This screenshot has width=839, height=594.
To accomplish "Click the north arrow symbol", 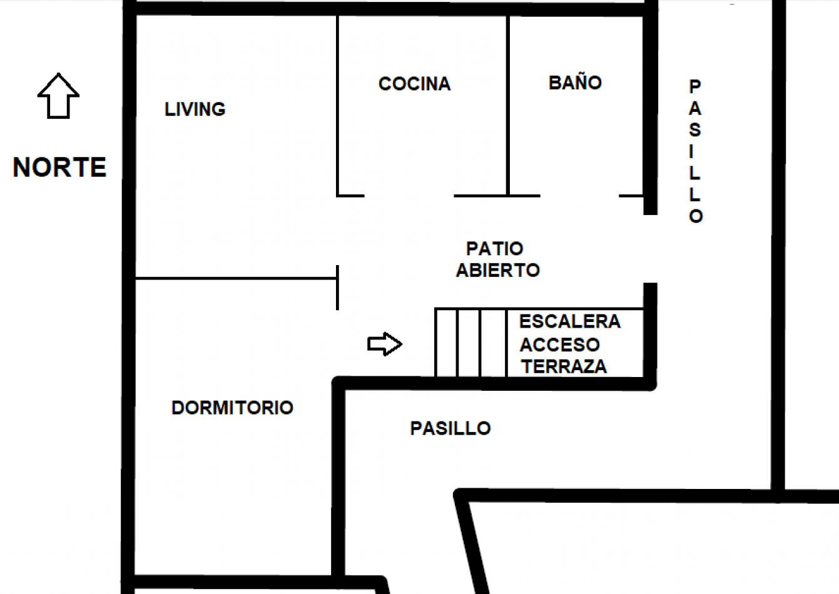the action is pyautogui.click(x=58, y=96).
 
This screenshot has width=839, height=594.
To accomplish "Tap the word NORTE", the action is pyautogui.click(x=60, y=167).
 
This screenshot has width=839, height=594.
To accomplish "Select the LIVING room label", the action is pyautogui.click(x=195, y=109).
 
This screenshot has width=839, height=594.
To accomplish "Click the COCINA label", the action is pyautogui.click(x=415, y=84).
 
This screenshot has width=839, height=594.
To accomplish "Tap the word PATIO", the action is pyautogui.click(x=495, y=248).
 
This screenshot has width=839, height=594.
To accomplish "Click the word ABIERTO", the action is pyautogui.click(x=498, y=270).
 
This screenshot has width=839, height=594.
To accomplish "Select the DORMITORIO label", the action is pyautogui.click(x=232, y=408).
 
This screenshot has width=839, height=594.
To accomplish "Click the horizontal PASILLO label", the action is pyautogui.click(x=450, y=428).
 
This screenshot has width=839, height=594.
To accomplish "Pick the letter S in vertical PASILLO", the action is pyautogui.click(x=695, y=130).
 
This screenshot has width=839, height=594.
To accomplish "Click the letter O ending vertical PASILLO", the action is pyautogui.click(x=696, y=216).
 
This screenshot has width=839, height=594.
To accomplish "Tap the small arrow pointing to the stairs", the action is pyautogui.click(x=385, y=344).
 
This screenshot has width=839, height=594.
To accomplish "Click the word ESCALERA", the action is pyautogui.click(x=570, y=321).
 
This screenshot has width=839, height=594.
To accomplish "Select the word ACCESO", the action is pyautogui.click(x=560, y=345).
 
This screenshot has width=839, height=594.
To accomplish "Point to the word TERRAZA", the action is pyautogui.click(x=564, y=366).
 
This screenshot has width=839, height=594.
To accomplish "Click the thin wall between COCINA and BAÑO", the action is pyautogui.click(x=508, y=106).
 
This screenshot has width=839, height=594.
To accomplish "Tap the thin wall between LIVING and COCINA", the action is pyautogui.click(x=337, y=106).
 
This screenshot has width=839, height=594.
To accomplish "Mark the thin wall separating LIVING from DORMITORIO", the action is pyautogui.click(x=236, y=278).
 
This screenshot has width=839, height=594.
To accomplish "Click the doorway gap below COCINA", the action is pyautogui.click(x=409, y=196).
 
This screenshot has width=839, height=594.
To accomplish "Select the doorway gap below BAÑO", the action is pyautogui.click(x=579, y=196).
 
